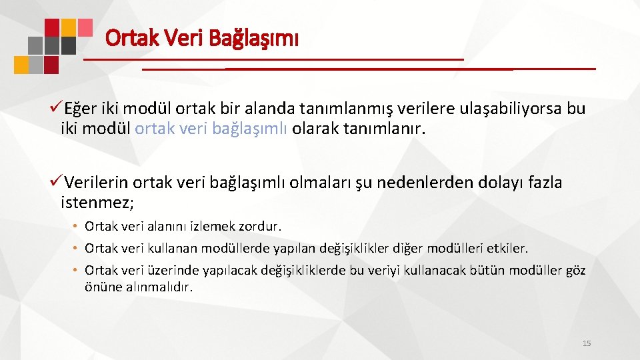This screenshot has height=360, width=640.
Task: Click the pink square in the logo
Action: click(x=85, y=27)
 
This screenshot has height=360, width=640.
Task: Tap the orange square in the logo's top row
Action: click(x=68, y=27)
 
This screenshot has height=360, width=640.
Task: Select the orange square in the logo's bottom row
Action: click(x=21, y=65)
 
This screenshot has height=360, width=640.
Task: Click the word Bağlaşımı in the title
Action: click(x=254, y=38)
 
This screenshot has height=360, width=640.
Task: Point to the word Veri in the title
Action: click(x=186, y=38)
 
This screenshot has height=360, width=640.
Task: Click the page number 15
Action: click(x=587, y=343)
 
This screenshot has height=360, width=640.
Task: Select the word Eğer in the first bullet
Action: click(x=80, y=109)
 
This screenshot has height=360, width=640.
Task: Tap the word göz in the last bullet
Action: click(x=575, y=270)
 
